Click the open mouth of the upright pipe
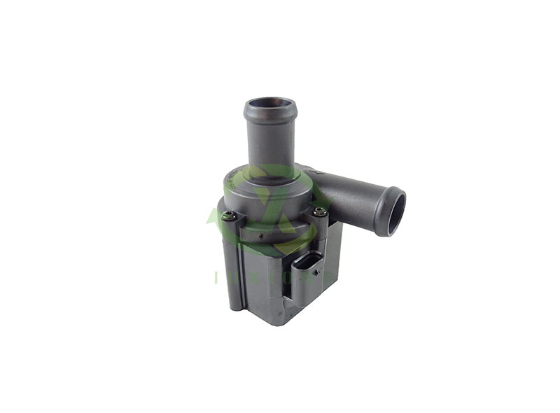[270, 106]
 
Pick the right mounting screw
[320, 211]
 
